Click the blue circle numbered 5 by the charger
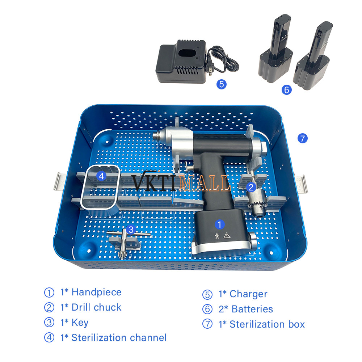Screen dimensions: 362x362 222,84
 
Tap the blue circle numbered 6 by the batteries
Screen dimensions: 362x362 286,89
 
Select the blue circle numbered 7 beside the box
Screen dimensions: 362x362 302,139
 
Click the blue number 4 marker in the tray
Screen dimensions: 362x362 101,176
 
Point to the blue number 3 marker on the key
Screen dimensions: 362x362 131,230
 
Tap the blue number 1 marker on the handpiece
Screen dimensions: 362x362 220,224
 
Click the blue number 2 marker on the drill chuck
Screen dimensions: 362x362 251,187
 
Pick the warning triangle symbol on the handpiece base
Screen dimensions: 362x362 227,235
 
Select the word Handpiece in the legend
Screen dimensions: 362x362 97,292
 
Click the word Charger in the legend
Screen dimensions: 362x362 248,294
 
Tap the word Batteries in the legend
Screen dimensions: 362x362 252,309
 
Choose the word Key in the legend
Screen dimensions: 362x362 80,323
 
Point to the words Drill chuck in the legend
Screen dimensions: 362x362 97,307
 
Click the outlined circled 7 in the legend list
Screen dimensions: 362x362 207,324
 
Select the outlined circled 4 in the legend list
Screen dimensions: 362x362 49,337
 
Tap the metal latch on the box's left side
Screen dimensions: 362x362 60,181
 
